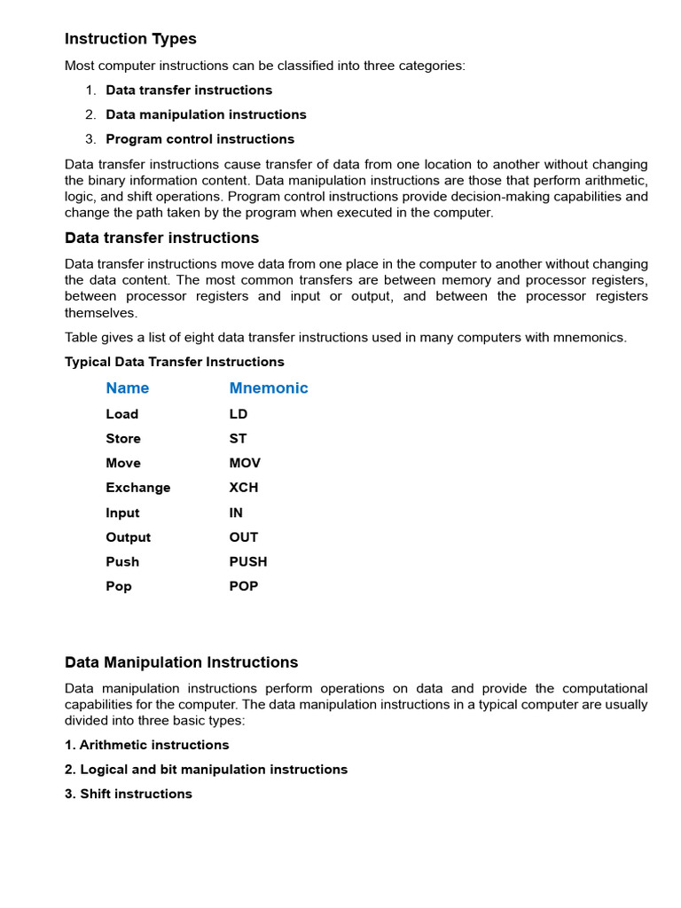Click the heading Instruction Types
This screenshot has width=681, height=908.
(130, 39)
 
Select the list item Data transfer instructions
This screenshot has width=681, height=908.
(189, 90)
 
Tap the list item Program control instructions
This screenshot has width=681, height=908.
(200, 139)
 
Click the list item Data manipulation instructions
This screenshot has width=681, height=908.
(206, 114)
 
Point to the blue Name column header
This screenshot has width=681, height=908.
(127, 388)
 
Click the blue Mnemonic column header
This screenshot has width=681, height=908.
(269, 388)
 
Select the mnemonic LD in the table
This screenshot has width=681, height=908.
(239, 414)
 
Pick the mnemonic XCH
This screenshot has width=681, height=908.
(244, 488)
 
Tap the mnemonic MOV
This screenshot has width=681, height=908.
(245, 463)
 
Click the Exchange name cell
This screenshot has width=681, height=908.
(137, 488)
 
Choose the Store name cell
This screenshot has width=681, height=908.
(123, 439)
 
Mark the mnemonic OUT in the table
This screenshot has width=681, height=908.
(244, 537)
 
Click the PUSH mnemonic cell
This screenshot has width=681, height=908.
(248, 561)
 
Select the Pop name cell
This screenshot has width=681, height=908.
(119, 586)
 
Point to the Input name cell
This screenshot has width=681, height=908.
(122, 513)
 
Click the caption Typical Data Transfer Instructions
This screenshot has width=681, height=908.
(175, 362)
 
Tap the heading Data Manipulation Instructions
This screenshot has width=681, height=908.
(181, 662)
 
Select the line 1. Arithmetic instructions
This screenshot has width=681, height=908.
(147, 745)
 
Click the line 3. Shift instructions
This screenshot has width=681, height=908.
(129, 794)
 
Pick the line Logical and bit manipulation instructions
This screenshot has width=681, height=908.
(206, 770)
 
